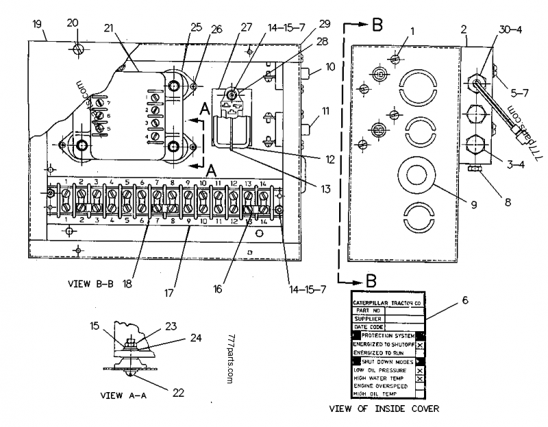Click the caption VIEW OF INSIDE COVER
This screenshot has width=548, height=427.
coord(384,409)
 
